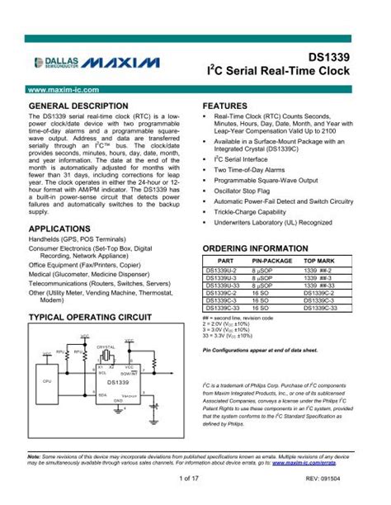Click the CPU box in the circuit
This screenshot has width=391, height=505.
[x=47, y=380]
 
